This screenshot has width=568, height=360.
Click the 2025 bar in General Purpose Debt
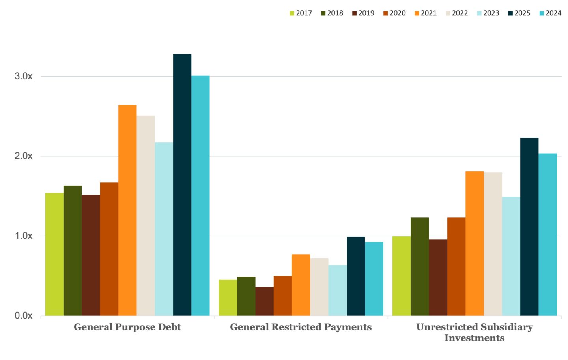tap(182, 185)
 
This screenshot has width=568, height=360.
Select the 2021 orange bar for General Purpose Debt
tap(127, 210)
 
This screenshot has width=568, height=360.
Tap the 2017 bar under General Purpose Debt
tap(54, 255)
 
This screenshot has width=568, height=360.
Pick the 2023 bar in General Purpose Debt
tap(164, 229)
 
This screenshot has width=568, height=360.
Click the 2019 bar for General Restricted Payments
tap(264, 302)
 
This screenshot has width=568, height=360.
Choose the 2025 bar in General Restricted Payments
tap(356, 276)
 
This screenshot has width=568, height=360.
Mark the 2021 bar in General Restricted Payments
tap(301, 285)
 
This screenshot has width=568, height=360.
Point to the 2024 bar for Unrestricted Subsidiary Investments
tap(548, 235)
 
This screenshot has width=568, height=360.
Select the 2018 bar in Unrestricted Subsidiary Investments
tap(420, 266)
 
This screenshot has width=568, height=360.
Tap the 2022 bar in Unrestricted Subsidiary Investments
tap(493, 244)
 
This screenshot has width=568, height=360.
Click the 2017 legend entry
tap(301, 13)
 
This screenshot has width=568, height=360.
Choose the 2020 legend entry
tap(394, 13)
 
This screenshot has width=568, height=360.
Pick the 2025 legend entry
tap(519, 13)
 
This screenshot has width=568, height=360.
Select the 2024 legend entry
tap(551, 13)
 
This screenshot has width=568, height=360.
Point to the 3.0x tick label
tap(24, 76)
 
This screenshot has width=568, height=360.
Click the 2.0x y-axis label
tap(24, 156)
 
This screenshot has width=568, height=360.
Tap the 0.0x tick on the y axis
tap(24, 316)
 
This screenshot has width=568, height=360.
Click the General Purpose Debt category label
tap(127, 327)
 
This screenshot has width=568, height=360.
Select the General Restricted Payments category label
tap(301, 327)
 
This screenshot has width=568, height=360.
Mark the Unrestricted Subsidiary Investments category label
tap(475, 332)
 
